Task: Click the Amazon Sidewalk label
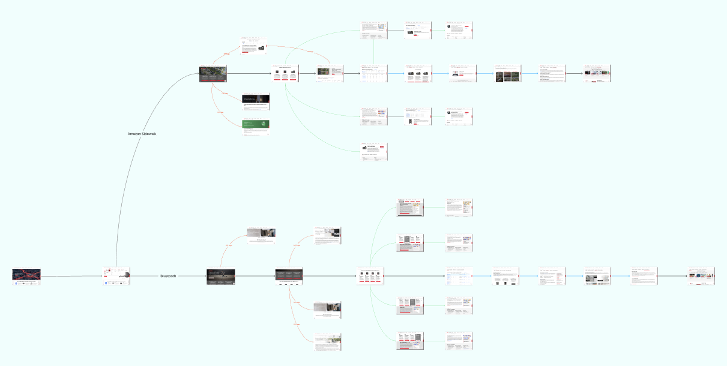click(x=142, y=133)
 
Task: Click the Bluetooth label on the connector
click(x=168, y=276)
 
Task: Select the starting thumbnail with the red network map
click(x=26, y=276)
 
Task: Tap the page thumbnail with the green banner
click(x=255, y=127)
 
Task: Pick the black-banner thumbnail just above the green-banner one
click(x=255, y=101)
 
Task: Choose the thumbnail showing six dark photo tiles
click(x=508, y=74)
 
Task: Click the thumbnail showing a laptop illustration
click(x=463, y=74)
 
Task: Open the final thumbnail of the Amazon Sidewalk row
click(x=597, y=74)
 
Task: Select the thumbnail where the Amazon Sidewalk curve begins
click(x=116, y=276)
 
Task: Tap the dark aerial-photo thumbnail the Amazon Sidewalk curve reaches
click(x=213, y=74)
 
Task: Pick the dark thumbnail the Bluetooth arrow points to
click(x=220, y=276)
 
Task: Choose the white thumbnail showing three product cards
click(x=285, y=74)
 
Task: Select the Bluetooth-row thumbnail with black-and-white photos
click(x=598, y=276)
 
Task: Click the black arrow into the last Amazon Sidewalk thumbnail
click(x=575, y=74)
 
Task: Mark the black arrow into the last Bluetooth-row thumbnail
click(x=672, y=276)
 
